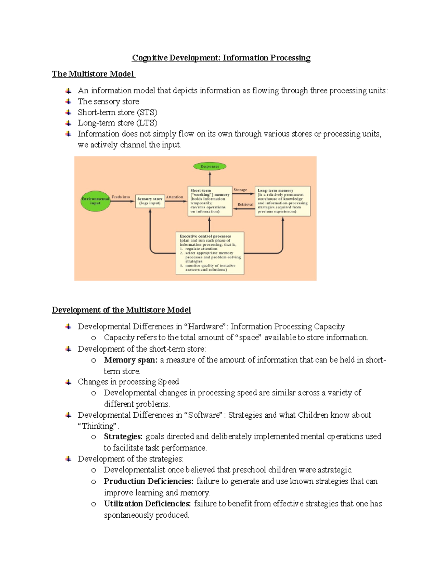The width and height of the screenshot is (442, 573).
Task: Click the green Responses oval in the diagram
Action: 210,166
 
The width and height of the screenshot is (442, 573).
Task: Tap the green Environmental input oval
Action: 95,201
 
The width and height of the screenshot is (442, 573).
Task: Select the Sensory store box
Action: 150,201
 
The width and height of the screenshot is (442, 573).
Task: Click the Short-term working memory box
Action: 210,201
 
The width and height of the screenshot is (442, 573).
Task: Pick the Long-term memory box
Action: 283,201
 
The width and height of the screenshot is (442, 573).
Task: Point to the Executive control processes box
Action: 210,253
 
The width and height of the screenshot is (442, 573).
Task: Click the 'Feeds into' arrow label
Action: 121,197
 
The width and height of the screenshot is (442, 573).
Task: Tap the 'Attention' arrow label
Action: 175,197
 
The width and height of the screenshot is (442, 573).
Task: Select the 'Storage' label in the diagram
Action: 240,190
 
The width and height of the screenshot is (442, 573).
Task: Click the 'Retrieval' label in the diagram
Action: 245,204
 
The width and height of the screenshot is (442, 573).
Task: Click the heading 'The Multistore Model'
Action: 93,74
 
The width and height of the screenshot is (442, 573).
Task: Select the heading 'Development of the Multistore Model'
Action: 121,310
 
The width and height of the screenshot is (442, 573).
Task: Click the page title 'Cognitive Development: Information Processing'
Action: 221,58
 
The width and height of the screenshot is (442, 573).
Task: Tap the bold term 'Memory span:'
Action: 130,360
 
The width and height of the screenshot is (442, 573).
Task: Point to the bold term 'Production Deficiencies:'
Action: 148,481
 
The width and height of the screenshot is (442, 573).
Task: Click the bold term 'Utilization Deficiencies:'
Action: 147,504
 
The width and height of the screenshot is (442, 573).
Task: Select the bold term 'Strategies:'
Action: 123,436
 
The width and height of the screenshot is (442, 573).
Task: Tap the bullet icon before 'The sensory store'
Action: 68,101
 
